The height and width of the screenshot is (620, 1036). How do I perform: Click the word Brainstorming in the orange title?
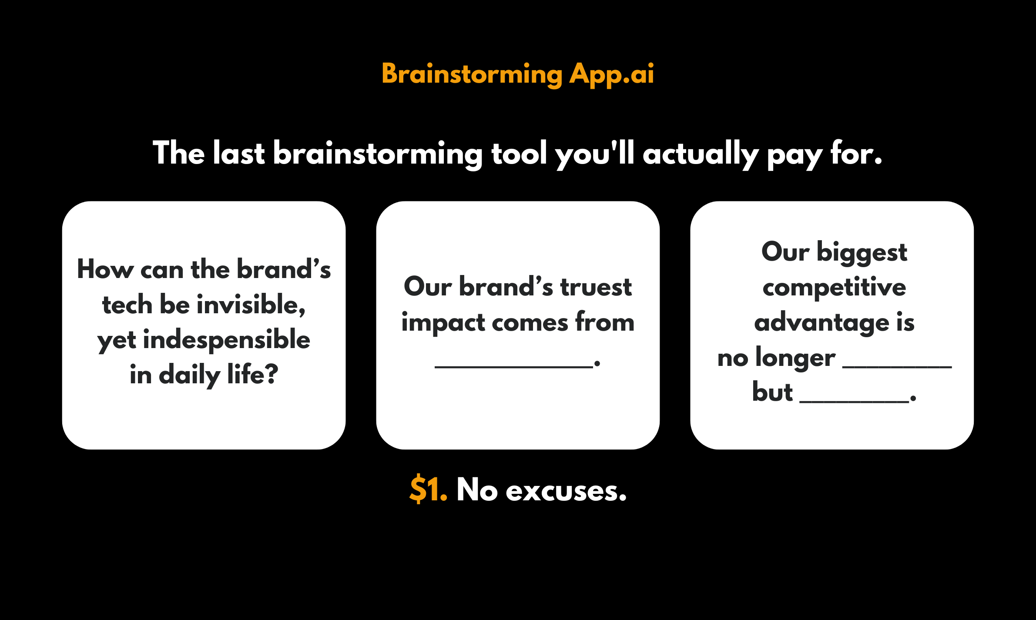(472, 74)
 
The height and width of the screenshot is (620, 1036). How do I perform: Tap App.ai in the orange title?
(611, 74)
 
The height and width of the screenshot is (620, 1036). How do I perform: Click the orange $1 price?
(428, 490)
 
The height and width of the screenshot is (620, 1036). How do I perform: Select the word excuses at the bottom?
(566, 491)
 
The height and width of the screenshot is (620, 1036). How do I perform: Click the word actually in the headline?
(700, 154)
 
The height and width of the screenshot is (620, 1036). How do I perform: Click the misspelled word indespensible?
(226, 340)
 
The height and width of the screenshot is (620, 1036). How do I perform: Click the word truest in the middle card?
(596, 287)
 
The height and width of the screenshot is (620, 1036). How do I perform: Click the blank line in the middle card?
(513, 366)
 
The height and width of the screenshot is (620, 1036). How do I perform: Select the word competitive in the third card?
(834, 288)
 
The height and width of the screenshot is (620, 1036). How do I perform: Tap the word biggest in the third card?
(862, 253)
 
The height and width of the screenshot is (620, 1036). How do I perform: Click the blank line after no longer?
(897, 366)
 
